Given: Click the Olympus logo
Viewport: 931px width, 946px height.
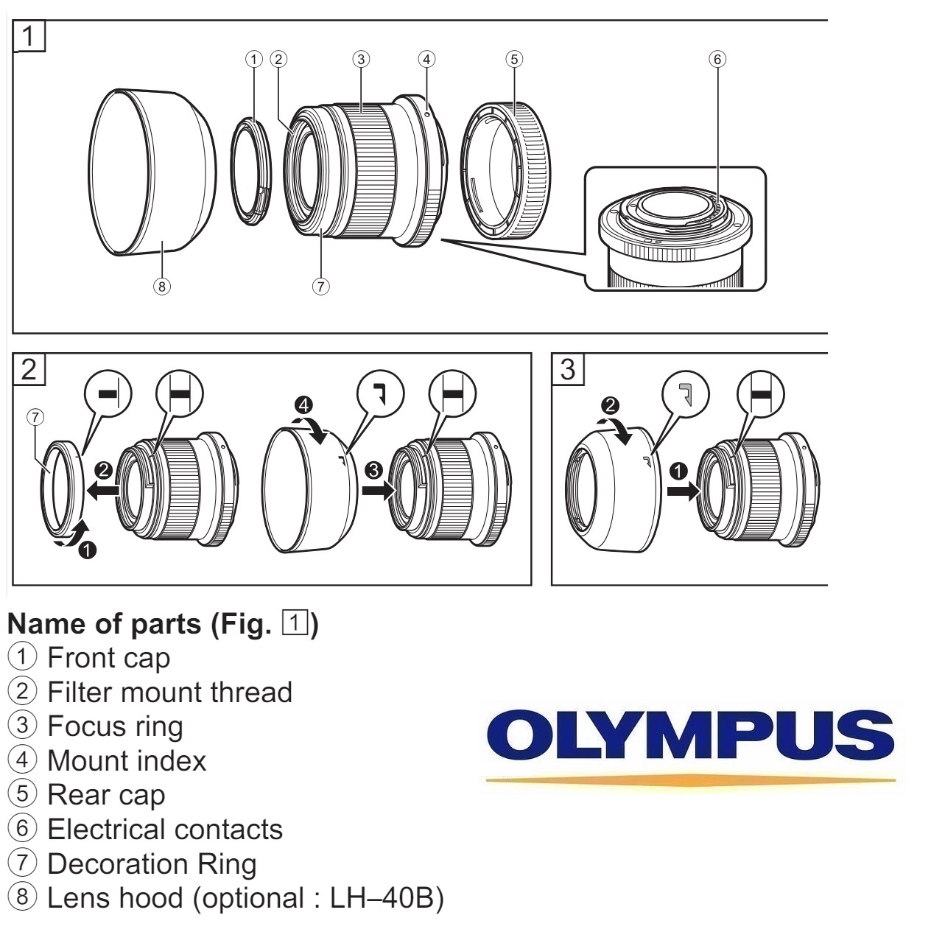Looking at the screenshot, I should coord(690,737).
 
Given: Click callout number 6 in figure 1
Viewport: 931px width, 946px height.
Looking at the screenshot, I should coord(717,59).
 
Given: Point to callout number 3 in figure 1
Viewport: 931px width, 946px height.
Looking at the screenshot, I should coord(360,59).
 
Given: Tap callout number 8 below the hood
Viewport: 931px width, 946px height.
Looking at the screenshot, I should coord(161,287).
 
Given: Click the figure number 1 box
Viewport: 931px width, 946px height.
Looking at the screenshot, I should coord(29,36).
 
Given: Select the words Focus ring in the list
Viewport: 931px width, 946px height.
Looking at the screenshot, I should coord(115,726).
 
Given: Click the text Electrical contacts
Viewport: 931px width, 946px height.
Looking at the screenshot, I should coord(165,830).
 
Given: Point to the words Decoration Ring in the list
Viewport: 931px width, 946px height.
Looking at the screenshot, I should coord(152,864).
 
